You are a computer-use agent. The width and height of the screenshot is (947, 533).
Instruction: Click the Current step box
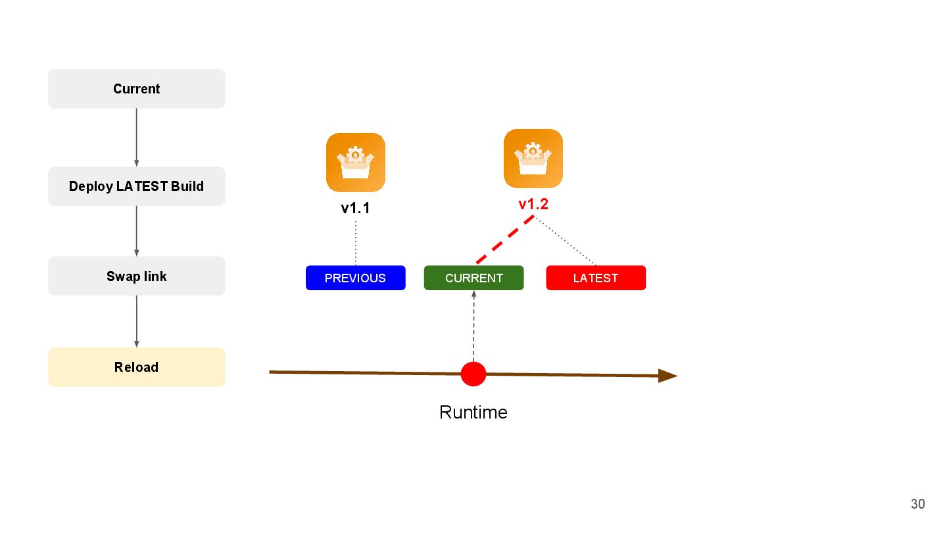[x=136, y=89]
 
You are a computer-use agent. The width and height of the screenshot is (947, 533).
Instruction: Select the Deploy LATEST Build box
[x=136, y=186]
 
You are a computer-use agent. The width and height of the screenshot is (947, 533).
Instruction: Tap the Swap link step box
[x=136, y=276]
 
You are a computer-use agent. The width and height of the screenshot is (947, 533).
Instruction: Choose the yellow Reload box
[x=136, y=367]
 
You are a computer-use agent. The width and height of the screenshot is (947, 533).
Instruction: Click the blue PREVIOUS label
[x=355, y=278]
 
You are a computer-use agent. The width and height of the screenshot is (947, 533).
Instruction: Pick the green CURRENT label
[x=473, y=278]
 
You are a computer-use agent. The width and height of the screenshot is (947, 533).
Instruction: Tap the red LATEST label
[x=596, y=278]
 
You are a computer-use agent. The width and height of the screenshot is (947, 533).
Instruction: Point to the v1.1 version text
[x=355, y=209]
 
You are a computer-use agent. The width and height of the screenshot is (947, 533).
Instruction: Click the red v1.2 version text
[x=533, y=205]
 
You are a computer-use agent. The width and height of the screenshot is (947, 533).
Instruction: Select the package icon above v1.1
[x=355, y=163]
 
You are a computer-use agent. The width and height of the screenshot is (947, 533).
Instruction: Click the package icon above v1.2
[x=533, y=159]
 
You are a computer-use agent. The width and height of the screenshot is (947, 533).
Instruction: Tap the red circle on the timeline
[x=473, y=374]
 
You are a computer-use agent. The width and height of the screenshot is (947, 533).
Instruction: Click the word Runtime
[x=473, y=413]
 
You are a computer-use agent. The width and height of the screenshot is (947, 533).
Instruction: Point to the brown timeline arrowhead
[x=668, y=376]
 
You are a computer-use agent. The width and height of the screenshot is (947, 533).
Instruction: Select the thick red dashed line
[x=504, y=240]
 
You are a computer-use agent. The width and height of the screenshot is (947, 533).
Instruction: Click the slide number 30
[x=917, y=504]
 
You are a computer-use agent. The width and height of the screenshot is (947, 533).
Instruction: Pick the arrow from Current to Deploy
[x=136, y=137]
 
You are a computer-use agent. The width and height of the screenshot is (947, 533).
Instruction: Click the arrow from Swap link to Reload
[x=136, y=321]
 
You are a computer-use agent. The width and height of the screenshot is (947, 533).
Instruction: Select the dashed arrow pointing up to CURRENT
[x=473, y=326]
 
